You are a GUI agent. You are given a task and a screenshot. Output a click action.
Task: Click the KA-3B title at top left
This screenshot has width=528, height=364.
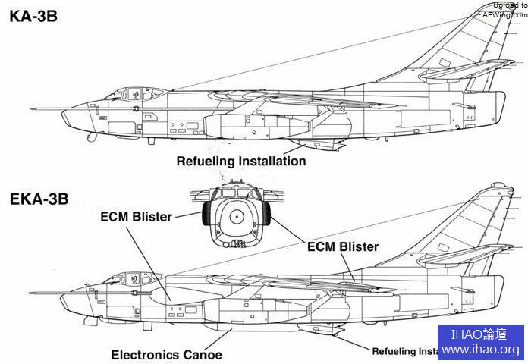[x=35, y=16]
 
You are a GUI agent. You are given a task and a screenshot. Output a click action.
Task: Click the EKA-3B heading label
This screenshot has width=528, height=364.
[x=39, y=199]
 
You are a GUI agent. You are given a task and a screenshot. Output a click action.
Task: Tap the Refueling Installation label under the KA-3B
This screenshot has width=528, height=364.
[x=241, y=161]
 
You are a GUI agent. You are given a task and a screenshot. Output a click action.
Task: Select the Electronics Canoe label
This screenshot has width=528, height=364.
[x=166, y=354]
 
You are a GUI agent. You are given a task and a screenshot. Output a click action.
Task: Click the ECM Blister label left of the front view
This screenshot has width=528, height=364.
[x=136, y=215]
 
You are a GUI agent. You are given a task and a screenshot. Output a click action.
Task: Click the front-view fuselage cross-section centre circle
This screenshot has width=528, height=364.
[x=236, y=217]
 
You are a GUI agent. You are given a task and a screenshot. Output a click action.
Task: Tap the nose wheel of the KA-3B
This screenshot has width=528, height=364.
[x=91, y=137]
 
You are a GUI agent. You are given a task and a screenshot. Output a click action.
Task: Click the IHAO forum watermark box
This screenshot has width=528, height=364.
[x=481, y=342]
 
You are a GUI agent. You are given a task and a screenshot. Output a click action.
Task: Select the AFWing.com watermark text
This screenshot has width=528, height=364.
[x=504, y=10]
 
